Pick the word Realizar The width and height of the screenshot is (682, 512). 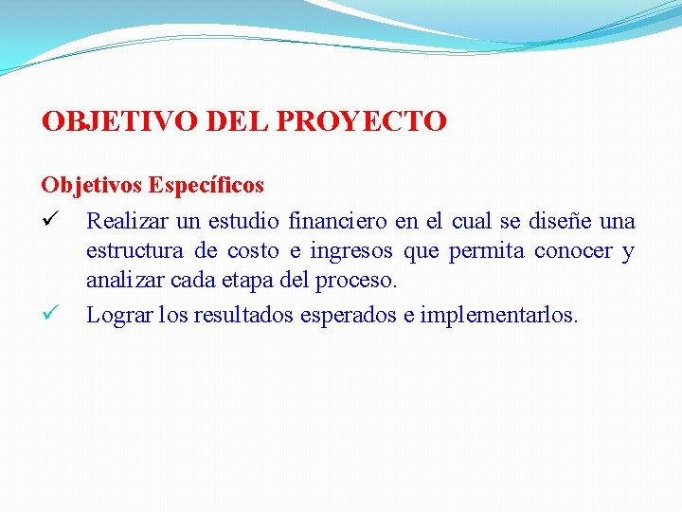tap(125, 222)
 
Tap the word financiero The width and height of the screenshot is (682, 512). tap(338, 222)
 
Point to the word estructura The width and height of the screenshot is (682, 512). tap(134, 251)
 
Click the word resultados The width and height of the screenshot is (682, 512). tap(250, 315)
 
